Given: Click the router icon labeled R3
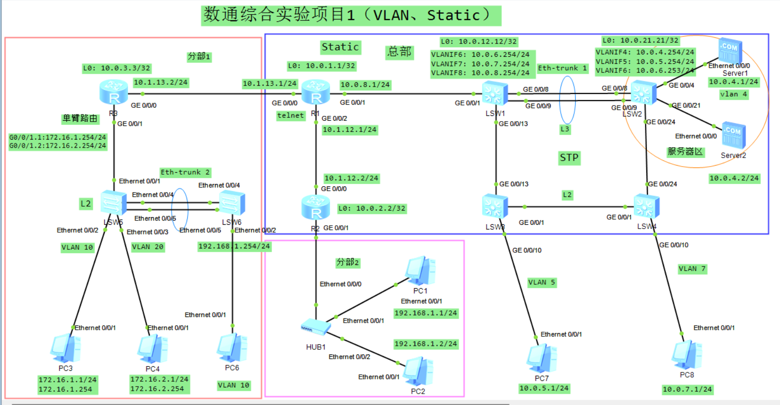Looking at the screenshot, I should pyautogui.click(x=114, y=92).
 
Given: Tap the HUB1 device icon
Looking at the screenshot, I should pyautogui.click(x=316, y=327).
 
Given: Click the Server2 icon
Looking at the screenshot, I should pyautogui.click(x=734, y=135).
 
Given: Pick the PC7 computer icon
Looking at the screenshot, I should pyautogui.click(x=542, y=358).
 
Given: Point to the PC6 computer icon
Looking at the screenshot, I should pyautogui.click(x=232, y=348).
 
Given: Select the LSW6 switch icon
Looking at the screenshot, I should pyautogui.click(x=232, y=203).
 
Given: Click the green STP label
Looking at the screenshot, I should pyautogui.click(x=569, y=158).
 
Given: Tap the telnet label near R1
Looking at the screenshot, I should pyautogui.click(x=290, y=115).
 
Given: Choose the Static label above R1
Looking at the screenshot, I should pyautogui.click(x=340, y=47).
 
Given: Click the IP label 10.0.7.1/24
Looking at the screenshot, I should pyautogui.click(x=687, y=389).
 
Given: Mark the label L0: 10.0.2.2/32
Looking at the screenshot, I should pyautogui.click(x=372, y=209).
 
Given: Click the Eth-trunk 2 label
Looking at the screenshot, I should pyautogui.click(x=185, y=172).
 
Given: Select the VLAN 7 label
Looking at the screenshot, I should pyautogui.click(x=692, y=269).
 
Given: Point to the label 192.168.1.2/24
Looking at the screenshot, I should pyautogui.click(x=426, y=344).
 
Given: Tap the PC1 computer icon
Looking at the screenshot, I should pyautogui.click(x=420, y=271).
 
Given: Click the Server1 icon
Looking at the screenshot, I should pyautogui.click(x=730, y=51).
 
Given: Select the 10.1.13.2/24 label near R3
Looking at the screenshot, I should pyautogui.click(x=161, y=82).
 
